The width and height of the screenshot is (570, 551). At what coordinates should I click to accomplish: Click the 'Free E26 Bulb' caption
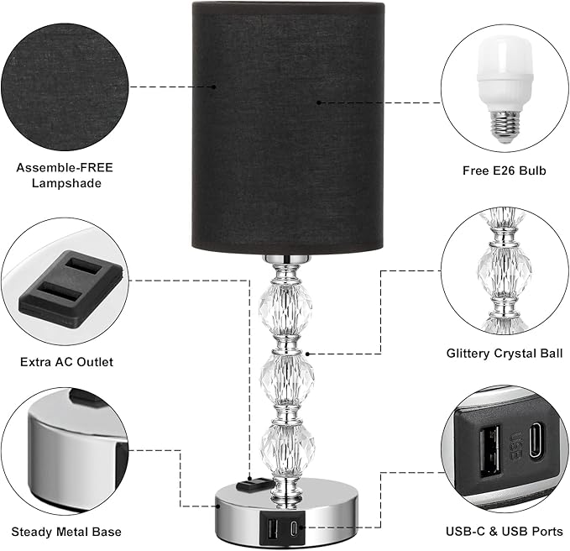tap(504, 171)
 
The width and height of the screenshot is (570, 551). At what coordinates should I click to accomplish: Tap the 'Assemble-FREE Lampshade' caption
tap(65, 175)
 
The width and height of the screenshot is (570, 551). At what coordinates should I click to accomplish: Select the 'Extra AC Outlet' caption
tap(65, 363)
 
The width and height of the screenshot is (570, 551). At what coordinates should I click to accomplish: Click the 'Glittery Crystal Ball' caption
tap(504, 354)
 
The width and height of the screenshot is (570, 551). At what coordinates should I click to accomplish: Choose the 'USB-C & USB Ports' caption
tap(504, 532)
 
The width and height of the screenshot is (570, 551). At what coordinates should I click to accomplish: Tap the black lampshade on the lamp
tap(288, 126)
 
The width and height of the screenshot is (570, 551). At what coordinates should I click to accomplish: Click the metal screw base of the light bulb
tap(504, 125)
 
